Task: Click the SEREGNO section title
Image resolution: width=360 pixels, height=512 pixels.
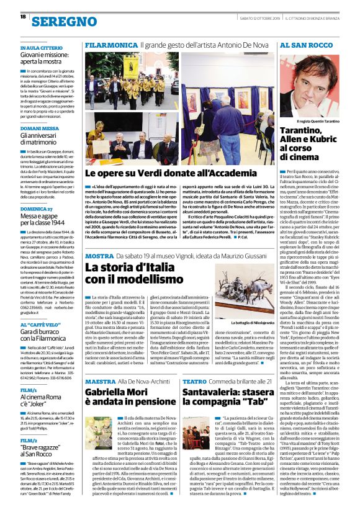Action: [x=62, y=21]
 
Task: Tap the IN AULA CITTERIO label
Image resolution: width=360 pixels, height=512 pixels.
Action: [x=42, y=47]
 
